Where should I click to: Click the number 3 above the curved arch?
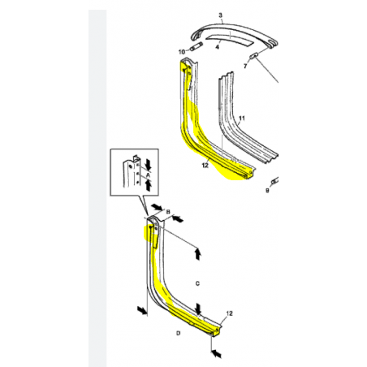(x=220, y=15)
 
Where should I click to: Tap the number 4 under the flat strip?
(x=217, y=47)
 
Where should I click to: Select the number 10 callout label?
(x=182, y=52)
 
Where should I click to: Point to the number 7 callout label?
(x=245, y=66)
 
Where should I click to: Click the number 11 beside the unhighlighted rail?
(x=242, y=119)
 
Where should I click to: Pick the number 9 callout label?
(x=267, y=191)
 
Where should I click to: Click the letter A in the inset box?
(x=148, y=175)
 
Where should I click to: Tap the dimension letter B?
(x=168, y=212)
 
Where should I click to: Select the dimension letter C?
(x=197, y=283)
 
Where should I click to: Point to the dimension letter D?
(x=178, y=333)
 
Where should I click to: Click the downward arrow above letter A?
(x=148, y=164)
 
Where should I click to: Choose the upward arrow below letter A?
(x=148, y=186)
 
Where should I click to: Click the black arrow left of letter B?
(x=157, y=207)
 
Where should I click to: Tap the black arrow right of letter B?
(x=178, y=218)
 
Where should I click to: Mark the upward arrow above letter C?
(x=198, y=254)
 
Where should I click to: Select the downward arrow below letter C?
(x=198, y=309)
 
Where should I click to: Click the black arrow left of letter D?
(x=142, y=310)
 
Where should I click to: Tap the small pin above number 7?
(x=254, y=56)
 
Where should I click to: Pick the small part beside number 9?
(x=274, y=180)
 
